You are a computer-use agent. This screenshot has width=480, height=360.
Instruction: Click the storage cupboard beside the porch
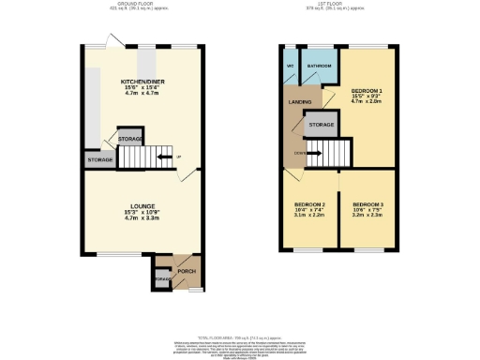coord(161,278)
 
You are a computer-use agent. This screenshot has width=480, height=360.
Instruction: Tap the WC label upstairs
coord(291,67)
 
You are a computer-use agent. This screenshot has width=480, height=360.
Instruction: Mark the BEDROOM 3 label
coord(367,203)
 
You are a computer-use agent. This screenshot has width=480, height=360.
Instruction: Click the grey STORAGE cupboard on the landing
coord(322,124)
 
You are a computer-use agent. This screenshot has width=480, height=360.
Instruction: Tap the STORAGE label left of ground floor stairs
coord(100,160)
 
